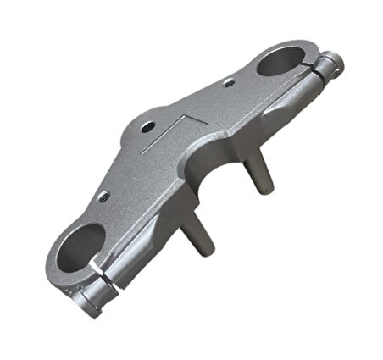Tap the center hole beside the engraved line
pos(148,127)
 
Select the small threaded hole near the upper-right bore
pos(229,82)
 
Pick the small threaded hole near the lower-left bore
pos(103,197)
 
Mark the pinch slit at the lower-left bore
pos(102,280)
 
